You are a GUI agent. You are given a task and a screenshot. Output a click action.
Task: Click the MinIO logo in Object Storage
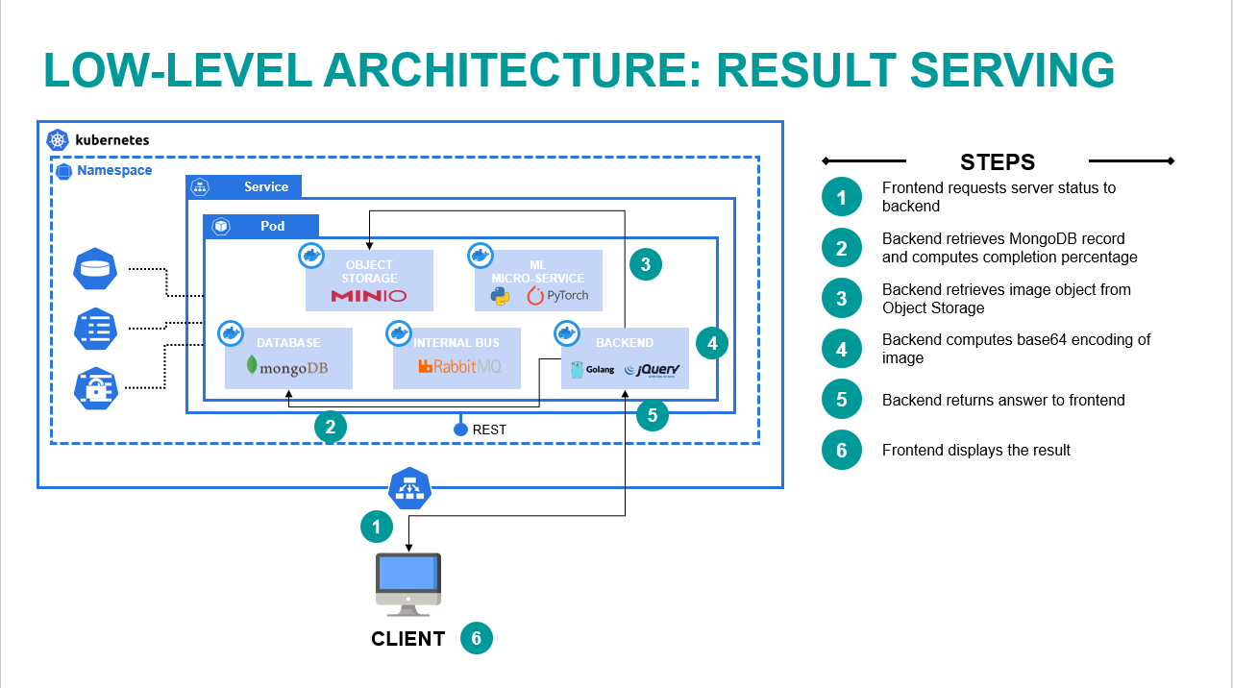(x=369, y=295)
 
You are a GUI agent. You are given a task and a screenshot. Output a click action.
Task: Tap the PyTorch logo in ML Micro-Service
(x=557, y=295)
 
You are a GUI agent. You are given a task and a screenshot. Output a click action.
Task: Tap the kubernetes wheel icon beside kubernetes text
(x=59, y=140)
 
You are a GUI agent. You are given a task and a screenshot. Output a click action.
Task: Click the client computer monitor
(x=408, y=578)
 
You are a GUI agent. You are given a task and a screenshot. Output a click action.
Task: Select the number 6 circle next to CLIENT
(x=477, y=639)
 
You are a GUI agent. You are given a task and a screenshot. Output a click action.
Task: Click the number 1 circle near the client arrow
(x=377, y=527)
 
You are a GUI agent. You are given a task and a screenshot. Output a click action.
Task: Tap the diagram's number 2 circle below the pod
(x=330, y=428)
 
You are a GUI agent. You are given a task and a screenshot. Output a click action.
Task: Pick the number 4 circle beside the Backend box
(x=711, y=342)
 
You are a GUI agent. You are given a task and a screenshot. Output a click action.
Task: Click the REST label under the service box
(x=489, y=430)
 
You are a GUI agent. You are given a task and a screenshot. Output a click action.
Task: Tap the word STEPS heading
(x=998, y=162)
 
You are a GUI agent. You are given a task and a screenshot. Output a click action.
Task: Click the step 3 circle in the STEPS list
(x=842, y=298)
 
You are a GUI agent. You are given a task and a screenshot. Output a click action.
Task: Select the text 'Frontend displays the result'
(x=975, y=450)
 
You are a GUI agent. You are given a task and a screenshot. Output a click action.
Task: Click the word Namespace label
(x=114, y=170)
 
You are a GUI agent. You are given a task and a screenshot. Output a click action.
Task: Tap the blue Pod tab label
(x=272, y=226)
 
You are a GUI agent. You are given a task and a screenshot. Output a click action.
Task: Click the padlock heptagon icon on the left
(x=95, y=388)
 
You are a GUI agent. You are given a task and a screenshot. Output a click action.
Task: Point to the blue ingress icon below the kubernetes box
(x=409, y=488)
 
